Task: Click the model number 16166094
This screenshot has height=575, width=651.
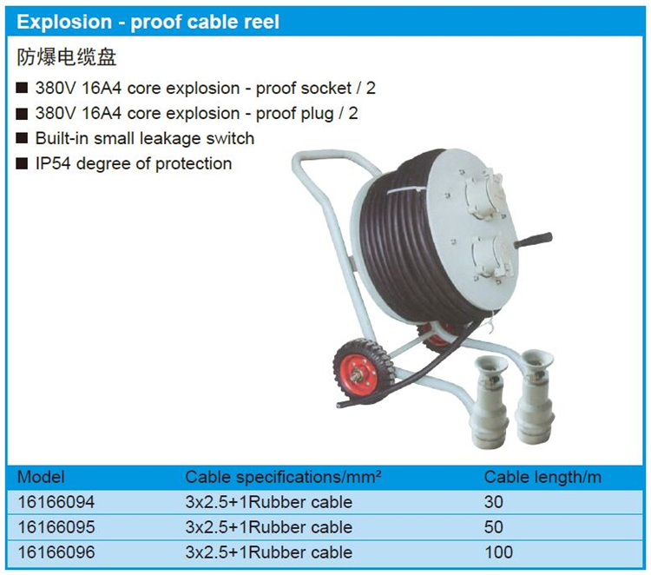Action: click(x=56, y=502)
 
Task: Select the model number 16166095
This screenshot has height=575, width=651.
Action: click(x=56, y=527)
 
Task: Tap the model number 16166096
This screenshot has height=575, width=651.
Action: click(x=56, y=552)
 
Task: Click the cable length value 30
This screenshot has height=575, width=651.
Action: click(x=493, y=502)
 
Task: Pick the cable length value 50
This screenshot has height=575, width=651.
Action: click(x=493, y=527)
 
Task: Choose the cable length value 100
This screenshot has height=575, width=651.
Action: click(x=498, y=552)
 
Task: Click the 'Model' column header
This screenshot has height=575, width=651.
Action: click(x=41, y=477)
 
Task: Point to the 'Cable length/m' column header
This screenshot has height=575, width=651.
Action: click(x=542, y=478)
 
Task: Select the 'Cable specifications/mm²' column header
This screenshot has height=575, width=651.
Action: click(x=283, y=478)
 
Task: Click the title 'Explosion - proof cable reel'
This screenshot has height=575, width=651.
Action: click(x=148, y=22)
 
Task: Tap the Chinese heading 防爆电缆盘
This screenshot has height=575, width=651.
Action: click(x=67, y=57)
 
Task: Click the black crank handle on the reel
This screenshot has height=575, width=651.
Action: click(x=533, y=240)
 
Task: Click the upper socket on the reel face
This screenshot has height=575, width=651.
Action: click(x=484, y=192)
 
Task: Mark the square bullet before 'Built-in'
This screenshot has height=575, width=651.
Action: click(x=22, y=138)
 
